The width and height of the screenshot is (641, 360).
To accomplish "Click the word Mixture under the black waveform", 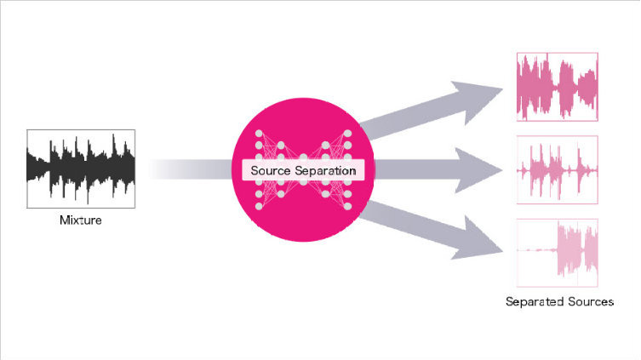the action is (x=81, y=220).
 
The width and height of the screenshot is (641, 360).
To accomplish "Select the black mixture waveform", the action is (x=81, y=169).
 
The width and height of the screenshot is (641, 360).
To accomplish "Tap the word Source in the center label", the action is (x=271, y=170).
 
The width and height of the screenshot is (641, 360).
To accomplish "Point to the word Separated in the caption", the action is (x=529, y=302).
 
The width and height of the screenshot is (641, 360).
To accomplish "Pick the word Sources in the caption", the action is (x=587, y=302).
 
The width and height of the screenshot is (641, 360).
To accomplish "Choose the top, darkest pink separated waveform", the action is (x=558, y=87).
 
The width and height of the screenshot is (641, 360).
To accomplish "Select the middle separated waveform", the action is (x=558, y=169).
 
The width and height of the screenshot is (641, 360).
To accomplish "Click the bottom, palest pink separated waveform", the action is (x=558, y=253).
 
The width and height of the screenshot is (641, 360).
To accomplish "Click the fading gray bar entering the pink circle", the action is (x=191, y=169).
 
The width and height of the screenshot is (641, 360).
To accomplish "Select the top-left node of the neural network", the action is (x=259, y=134).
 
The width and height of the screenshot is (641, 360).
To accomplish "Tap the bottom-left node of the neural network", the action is (x=259, y=206).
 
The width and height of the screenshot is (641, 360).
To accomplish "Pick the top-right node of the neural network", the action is (x=347, y=134).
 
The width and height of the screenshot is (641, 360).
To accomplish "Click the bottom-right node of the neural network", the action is (x=347, y=206).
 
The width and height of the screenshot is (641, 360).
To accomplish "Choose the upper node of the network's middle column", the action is (x=303, y=157).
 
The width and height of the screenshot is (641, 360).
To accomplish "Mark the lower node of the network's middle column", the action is (x=303, y=182).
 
